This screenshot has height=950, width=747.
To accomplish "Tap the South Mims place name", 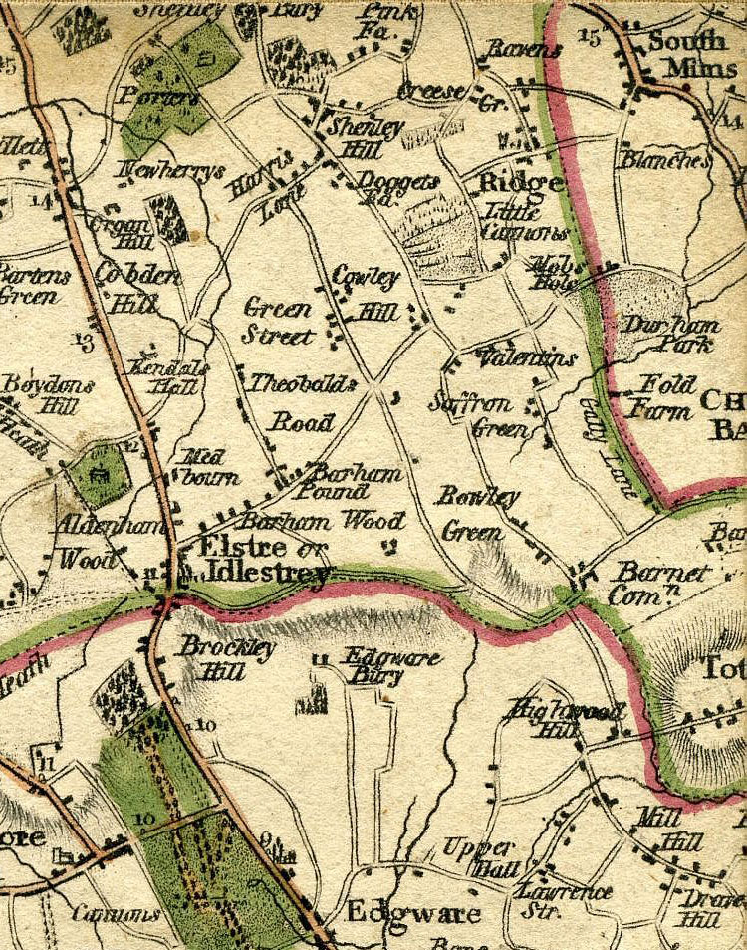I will pos(686,54).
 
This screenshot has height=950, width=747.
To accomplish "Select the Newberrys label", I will pos(168,172).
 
